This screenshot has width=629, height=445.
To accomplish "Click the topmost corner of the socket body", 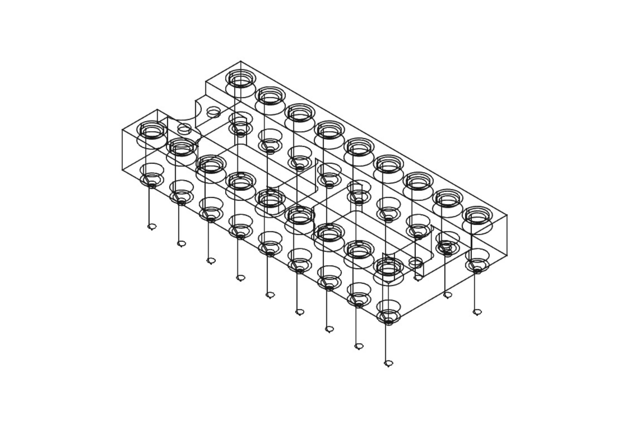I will point(240,61).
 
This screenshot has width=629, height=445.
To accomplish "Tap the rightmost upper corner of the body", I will point(507,215).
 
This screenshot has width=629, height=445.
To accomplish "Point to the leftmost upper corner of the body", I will point(122,129).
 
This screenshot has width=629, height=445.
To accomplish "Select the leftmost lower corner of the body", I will point(122,170).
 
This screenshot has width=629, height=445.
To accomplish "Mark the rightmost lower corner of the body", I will point(507,256).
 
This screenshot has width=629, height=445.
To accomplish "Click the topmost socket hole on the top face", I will point(240,79).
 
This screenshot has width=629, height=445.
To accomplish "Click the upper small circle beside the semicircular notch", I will point(213,112).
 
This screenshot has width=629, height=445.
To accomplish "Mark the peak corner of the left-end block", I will point(157,109).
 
